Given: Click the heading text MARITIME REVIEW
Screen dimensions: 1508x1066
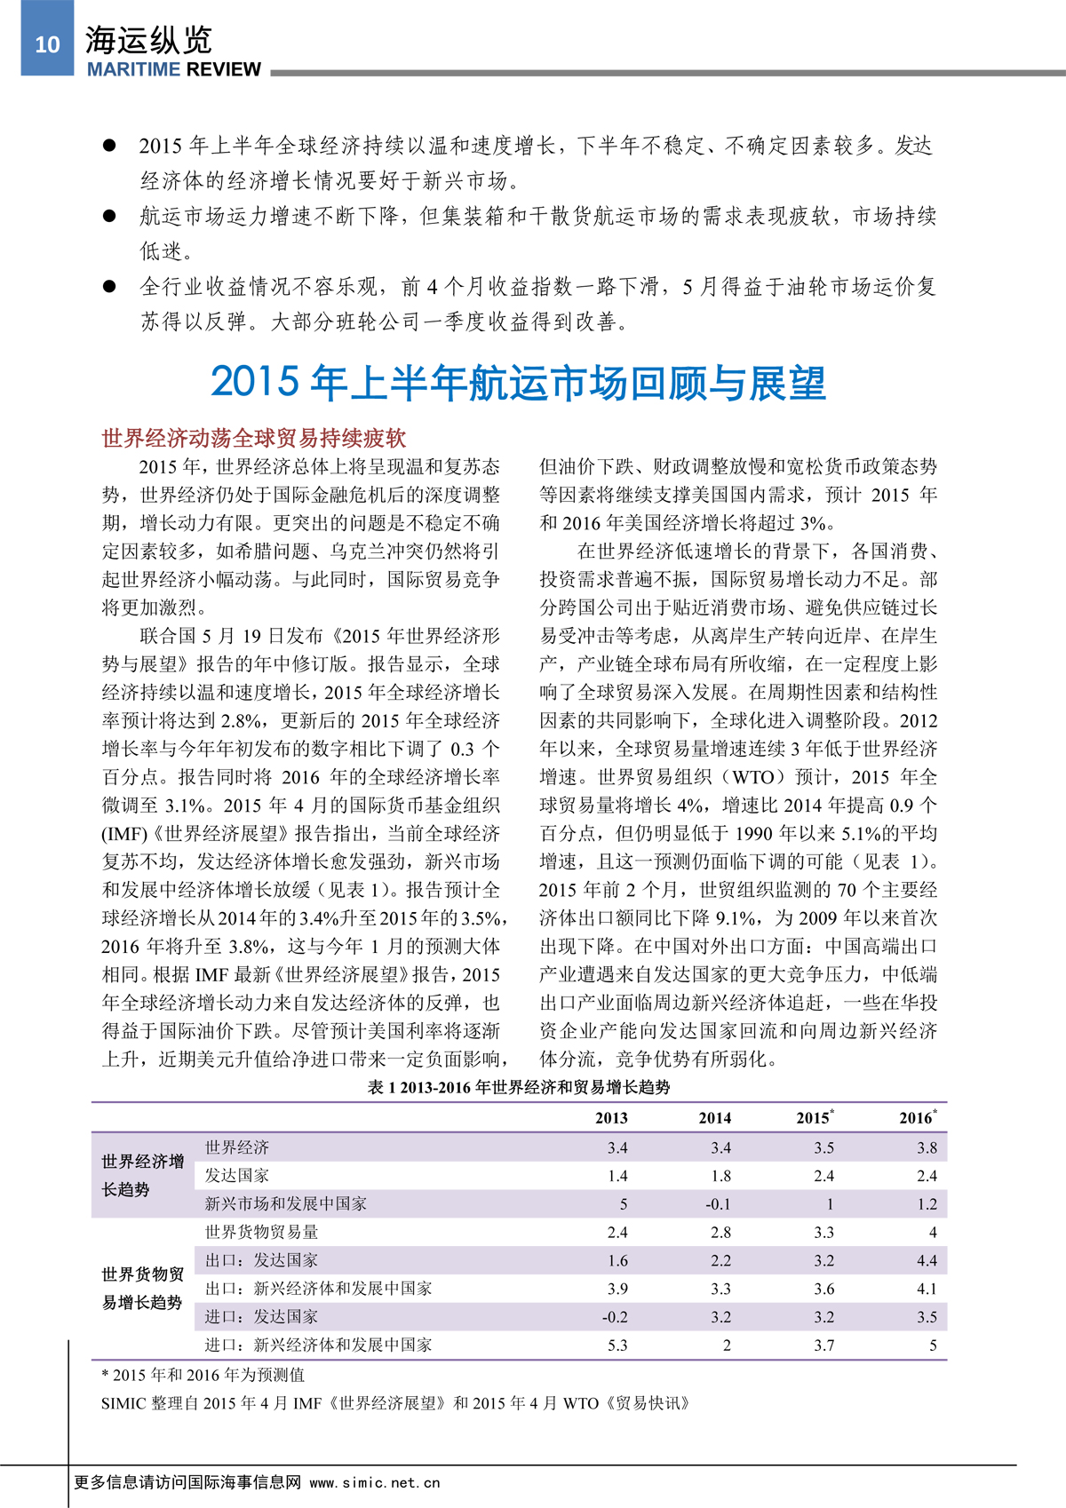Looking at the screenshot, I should (173, 70).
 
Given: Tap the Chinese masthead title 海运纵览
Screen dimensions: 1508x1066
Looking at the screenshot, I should (148, 40).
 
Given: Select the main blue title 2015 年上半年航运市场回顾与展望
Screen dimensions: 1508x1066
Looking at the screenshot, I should (518, 383).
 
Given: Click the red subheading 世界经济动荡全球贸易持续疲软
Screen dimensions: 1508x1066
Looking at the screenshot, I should (254, 437).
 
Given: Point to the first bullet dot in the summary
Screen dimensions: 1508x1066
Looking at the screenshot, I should (110, 146).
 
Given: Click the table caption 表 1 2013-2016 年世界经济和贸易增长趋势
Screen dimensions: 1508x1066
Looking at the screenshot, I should (519, 1087).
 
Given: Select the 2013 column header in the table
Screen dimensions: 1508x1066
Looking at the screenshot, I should (611, 1118).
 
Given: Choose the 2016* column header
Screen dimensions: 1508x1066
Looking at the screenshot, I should (918, 1118).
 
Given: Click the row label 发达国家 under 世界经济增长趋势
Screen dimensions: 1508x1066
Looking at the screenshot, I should (237, 1176).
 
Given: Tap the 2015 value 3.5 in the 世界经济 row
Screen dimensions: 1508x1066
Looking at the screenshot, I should (823, 1147).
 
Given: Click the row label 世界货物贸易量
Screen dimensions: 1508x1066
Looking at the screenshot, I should (261, 1232).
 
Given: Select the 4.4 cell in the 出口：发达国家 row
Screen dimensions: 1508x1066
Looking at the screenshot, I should (927, 1260).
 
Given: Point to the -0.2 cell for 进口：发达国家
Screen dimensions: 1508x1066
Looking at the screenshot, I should (615, 1317).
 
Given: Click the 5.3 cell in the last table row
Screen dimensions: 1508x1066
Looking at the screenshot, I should (617, 1345).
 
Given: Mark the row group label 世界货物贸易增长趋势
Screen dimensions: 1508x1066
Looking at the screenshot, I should (142, 1289).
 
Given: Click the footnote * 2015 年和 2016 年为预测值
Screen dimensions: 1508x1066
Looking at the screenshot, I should (203, 1375).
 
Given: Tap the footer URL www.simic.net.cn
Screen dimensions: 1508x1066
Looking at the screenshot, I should (375, 1482).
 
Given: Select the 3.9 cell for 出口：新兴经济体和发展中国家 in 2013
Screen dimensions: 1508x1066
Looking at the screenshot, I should (617, 1289).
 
